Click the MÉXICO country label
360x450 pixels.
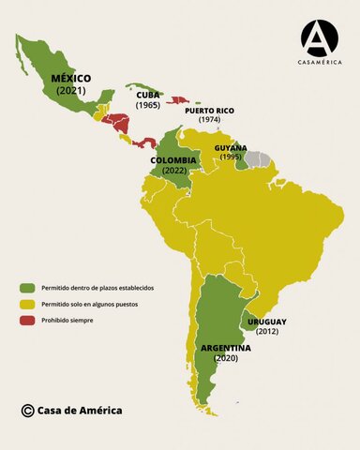tap(70, 78)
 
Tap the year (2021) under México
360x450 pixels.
tap(70, 91)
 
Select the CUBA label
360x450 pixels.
tap(148, 95)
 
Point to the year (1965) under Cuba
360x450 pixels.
tap(148, 105)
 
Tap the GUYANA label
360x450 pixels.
tap(231, 148)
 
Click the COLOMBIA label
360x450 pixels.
tap(173, 160)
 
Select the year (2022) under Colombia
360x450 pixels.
tap(173, 172)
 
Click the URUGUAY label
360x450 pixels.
tap(266, 322)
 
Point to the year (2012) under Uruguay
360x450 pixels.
tap(266, 332)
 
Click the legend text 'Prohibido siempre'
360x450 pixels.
tap(67, 321)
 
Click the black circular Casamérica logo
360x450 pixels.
tap(319, 37)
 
